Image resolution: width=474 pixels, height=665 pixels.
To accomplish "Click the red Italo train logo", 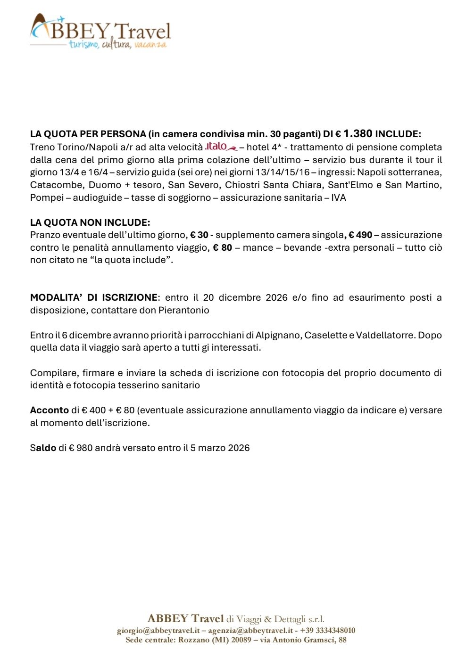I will (221, 147).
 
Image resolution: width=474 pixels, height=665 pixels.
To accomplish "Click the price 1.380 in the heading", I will (358, 134).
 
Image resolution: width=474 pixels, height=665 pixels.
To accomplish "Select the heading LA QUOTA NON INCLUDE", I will (90, 222).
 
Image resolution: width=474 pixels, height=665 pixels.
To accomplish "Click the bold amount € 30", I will (199, 235).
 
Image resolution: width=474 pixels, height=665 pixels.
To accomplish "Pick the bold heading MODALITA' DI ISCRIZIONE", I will (94, 297).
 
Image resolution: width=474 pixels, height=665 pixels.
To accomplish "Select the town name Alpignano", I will (278, 335).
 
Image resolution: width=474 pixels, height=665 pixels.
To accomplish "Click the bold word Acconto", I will (50, 410).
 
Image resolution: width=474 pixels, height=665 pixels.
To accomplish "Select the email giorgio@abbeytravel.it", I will (158, 631).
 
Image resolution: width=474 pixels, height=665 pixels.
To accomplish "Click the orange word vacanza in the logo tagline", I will (150, 45).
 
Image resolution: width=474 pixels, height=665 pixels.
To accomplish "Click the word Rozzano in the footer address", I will (194, 640).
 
